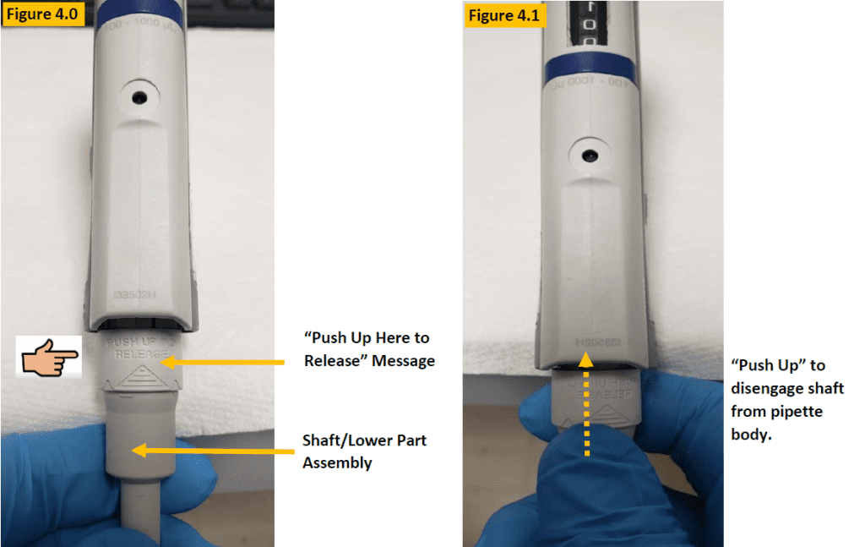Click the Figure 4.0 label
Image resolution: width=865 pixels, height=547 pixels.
[42, 15]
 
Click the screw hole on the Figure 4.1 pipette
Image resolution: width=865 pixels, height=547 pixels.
[591, 156]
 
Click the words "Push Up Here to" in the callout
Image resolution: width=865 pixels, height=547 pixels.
[367, 337]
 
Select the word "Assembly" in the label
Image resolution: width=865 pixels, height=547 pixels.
[337, 462]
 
